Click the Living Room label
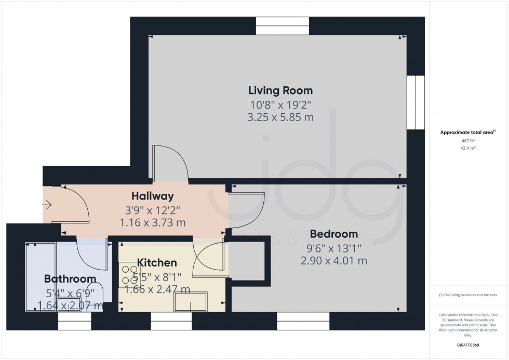coord(282,90)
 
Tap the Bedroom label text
coord(333,234)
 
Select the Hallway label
coord(152,196)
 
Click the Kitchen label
coord(157,263)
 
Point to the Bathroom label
coord(70,279)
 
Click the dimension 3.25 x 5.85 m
coord(281,117)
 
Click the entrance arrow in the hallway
coord(47,206)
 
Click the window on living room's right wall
coord(416,102)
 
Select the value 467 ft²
coord(468,140)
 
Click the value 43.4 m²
coord(468,148)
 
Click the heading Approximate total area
coord(467,132)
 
